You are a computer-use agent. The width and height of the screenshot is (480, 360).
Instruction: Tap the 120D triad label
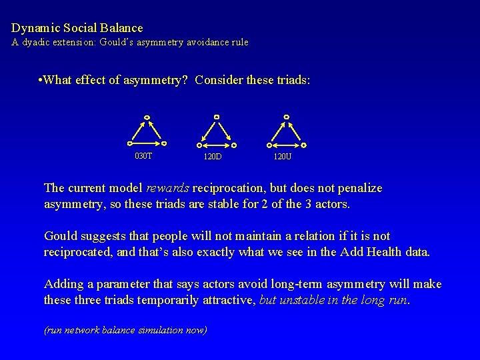tap(213, 157)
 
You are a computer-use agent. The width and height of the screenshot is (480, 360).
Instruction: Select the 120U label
tap(283, 157)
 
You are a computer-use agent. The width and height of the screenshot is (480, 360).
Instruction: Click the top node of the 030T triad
tap(147, 119)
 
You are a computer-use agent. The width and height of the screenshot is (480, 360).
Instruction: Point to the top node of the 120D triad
tap(216, 117)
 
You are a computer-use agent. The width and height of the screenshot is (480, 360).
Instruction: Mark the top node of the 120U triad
tap(286, 117)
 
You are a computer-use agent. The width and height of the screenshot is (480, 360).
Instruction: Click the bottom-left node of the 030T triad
tap(130, 142)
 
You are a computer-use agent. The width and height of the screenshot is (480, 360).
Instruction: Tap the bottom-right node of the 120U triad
tap(303, 145)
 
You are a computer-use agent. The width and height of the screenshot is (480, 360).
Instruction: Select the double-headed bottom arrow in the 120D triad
tap(216, 145)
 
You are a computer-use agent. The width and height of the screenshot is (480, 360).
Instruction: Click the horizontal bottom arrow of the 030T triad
tap(147, 142)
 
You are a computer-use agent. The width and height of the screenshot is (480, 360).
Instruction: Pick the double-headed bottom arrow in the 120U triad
tap(286, 145)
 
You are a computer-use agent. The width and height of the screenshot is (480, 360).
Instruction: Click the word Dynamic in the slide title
tap(33, 28)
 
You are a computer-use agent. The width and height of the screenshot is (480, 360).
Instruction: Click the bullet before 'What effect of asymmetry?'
tap(41, 81)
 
